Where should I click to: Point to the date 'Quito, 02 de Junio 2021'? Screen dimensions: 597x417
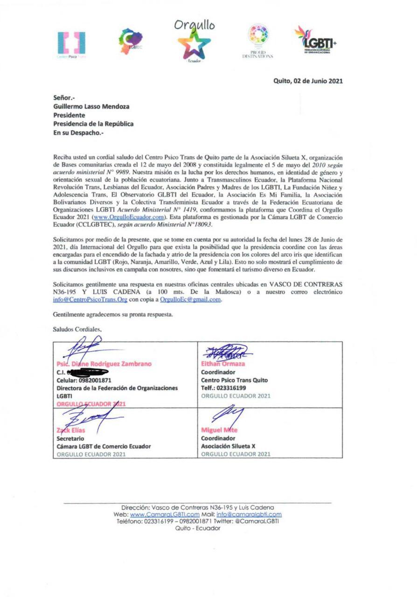click(308, 81)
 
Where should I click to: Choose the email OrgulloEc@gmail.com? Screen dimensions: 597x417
click(189, 300)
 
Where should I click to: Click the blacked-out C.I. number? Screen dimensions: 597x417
click(89, 372)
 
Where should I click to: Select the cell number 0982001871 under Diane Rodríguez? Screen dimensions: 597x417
click(98, 380)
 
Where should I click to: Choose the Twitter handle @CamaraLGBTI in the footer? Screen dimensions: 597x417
click(258, 521)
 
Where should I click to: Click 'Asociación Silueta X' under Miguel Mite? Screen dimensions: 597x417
click(228, 446)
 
